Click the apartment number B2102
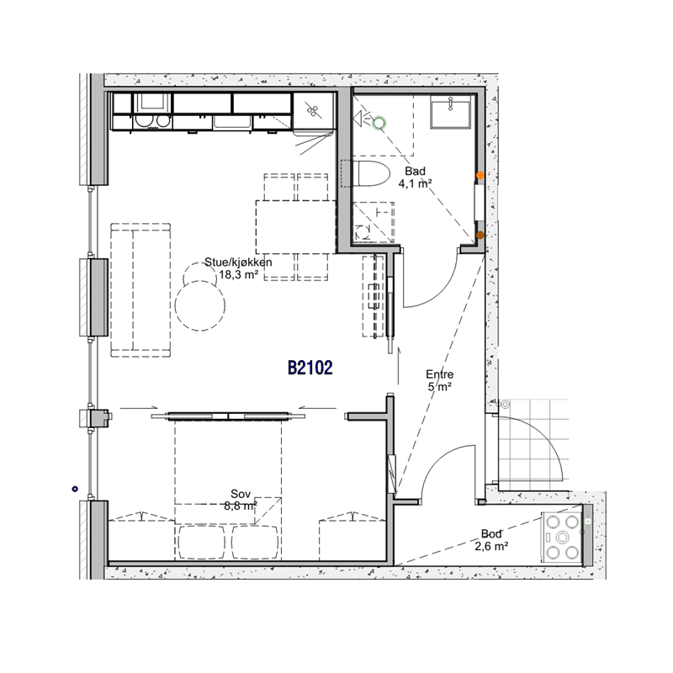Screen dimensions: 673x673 click(310, 368)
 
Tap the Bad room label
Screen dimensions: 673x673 click(415, 172)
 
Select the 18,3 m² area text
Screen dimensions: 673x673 click(239, 275)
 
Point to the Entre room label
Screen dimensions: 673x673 click(439, 374)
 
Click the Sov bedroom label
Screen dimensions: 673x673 click(241, 494)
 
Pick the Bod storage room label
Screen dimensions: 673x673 click(491, 534)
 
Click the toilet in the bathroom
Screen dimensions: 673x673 click(369, 173)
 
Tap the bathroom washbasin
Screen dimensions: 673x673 click(451, 112)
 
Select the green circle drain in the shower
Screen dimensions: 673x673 click(379, 124)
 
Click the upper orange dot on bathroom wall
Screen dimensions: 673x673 click(480, 175)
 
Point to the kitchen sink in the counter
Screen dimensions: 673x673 click(232, 121)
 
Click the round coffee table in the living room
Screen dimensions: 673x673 click(200, 305)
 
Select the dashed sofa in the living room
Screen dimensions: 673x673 click(140, 290)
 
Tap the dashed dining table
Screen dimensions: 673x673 click(296, 227)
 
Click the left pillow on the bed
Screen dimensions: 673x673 click(202, 542)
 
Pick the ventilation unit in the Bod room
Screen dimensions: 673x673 click(561, 537)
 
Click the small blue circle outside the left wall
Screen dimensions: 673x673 click(75, 489)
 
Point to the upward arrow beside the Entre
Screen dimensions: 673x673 click(398, 366)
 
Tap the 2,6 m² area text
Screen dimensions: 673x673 click(491, 546)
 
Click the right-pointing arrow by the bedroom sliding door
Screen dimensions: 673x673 click(140, 408)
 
